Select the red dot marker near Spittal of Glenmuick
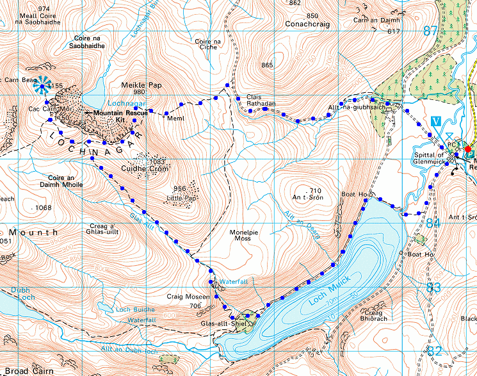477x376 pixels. (x=468, y=149)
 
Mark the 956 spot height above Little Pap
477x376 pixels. (x=181, y=189)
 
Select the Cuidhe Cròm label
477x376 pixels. (x=144, y=169)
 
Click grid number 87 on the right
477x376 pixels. (x=432, y=30)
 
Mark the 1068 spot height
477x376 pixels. (x=44, y=208)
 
